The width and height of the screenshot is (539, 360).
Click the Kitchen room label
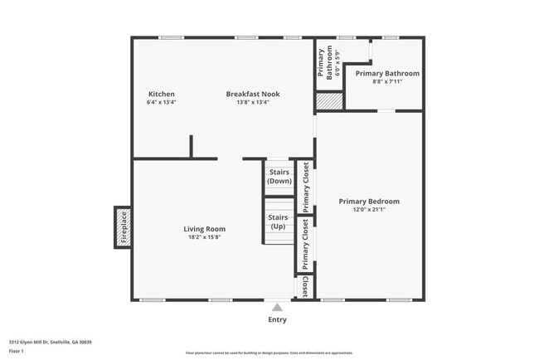pos(162,95)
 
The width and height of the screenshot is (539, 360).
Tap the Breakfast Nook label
pos(253,95)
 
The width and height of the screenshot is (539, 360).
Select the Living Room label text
pos(204,229)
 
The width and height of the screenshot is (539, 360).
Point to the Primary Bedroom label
pos(369,202)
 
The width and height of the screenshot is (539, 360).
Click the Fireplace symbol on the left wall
pos(122,227)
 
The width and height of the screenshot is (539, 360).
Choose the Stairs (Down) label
pos(279,176)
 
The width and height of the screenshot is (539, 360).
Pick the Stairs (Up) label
pos(278,221)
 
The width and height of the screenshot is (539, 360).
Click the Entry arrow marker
pos(277,306)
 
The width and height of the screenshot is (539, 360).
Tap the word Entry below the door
pos(277,319)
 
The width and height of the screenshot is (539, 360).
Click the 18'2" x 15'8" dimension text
pos(204,237)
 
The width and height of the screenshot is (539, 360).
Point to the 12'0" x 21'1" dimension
pos(369,210)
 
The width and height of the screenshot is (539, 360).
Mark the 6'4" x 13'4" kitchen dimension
pos(162,103)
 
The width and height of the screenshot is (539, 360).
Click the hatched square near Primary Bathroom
pos(328,100)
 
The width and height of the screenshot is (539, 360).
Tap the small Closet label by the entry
pos(305,286)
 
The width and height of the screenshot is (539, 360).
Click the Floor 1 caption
pos(17,351)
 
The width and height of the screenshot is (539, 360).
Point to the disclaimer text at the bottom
pos(269,353)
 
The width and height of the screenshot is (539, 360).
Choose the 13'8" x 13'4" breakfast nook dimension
pos(253,103)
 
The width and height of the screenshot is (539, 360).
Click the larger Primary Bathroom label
pos(387,73)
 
